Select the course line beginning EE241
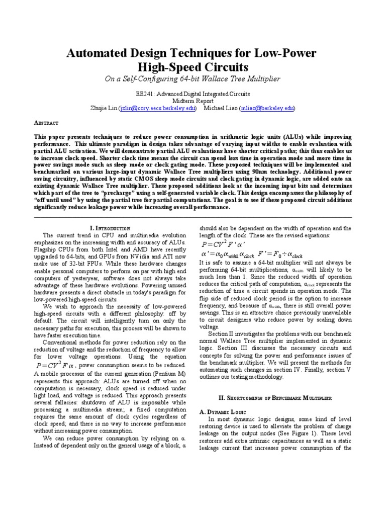(193, 94)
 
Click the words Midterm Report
(193, 101)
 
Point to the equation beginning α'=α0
(227, 254)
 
